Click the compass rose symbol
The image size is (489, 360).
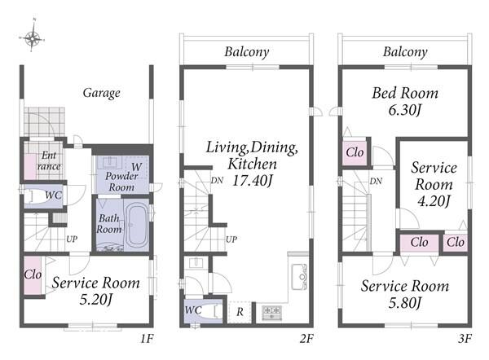coord(32,38)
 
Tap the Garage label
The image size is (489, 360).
coord(102,93)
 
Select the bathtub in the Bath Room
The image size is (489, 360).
coord(137,225)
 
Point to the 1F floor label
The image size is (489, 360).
coord(147,339)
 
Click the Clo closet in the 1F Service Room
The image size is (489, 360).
coord(33,274)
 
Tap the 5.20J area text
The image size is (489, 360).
coord(95,300)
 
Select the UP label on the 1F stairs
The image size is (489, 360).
coord(72,239)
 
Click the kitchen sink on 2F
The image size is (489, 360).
coord(299,276)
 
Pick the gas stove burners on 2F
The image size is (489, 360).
coord(271,313)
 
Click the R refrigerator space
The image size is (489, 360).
coord(240,312)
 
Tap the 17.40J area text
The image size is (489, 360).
coord(253,181)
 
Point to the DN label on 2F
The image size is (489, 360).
coord(217,180)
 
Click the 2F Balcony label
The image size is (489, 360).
coord(247,52)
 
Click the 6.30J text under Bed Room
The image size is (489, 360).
coord(405,110)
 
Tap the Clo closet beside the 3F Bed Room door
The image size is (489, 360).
coord(355,153)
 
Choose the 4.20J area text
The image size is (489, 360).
coord(434,201)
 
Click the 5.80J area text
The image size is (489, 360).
coord(405,303)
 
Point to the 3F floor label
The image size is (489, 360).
coord(465,339)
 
